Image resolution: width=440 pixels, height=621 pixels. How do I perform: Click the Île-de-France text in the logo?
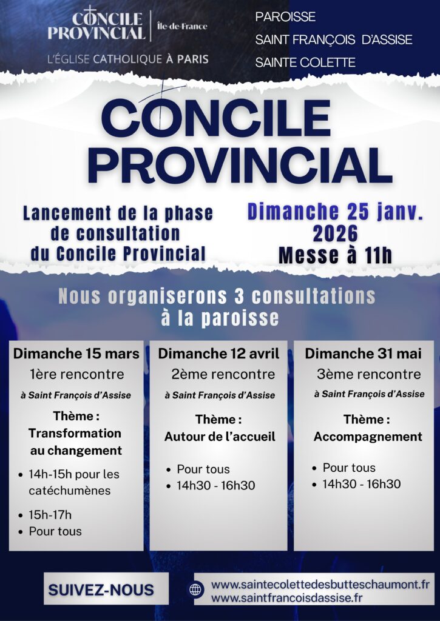tap(182, 26)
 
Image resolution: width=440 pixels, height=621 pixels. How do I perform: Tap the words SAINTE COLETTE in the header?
tap(305, 62)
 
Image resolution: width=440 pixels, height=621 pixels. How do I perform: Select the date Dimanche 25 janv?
tap(335, 212)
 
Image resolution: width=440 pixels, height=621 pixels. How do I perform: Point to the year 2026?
tap(336, 233)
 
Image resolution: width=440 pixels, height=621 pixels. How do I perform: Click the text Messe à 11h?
tap(336, 255)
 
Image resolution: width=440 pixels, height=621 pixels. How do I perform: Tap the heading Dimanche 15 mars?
tap(76, 354)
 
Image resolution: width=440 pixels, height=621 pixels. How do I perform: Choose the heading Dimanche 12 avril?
tap(218, 354)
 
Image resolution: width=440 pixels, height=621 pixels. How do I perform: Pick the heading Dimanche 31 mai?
tap(363, 354)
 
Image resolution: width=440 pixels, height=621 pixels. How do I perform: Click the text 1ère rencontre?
tap(76, 374)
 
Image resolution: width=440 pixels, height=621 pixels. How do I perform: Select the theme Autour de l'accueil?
tap(219, 437)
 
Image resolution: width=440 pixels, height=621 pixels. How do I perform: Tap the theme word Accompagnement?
tap(368, 437)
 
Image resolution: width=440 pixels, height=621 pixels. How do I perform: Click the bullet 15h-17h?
tap(50, 515)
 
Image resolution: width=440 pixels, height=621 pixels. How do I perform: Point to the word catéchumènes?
tap(70, 491)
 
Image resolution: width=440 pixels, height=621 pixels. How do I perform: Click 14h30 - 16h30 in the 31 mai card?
tap(362, 484)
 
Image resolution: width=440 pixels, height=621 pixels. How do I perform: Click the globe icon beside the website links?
tap(196, 589)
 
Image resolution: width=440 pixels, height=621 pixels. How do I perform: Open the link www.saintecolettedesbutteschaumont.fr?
tap(320, 584)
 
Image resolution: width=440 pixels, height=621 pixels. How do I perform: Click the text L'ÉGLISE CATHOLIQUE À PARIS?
tap(127, 59)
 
